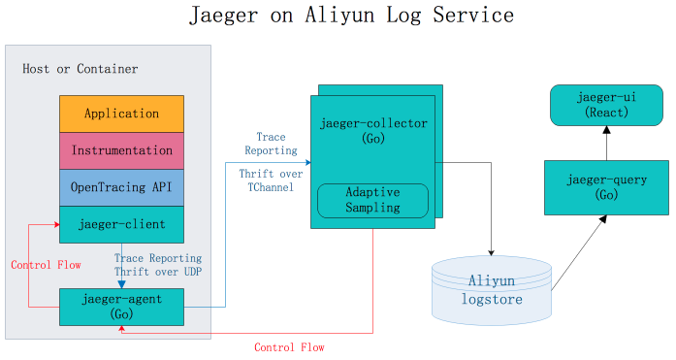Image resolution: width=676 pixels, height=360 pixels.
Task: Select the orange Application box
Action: click(121, 114)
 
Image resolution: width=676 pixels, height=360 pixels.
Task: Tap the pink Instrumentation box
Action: click(121, 150)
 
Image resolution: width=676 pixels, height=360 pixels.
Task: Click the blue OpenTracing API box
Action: click(121, 187)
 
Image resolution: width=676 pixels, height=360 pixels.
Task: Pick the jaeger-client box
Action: click(121, 224)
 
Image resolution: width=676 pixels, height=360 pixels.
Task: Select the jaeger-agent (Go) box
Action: click(121, 306)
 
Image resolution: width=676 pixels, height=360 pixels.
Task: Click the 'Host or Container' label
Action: click(80, 69)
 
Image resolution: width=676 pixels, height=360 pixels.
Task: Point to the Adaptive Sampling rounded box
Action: click(373, 201)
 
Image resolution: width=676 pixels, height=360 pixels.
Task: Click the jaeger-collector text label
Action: click(373, 123)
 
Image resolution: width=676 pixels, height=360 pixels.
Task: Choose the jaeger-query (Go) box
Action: click(606, 188)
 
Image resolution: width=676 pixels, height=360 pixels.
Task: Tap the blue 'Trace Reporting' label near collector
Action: click(271, 144)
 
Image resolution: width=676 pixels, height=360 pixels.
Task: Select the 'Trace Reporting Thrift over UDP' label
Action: click(158, 265)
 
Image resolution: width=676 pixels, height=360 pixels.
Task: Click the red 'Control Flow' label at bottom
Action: click(289, 347)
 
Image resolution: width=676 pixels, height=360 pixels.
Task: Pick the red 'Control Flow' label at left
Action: click(45, 265)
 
